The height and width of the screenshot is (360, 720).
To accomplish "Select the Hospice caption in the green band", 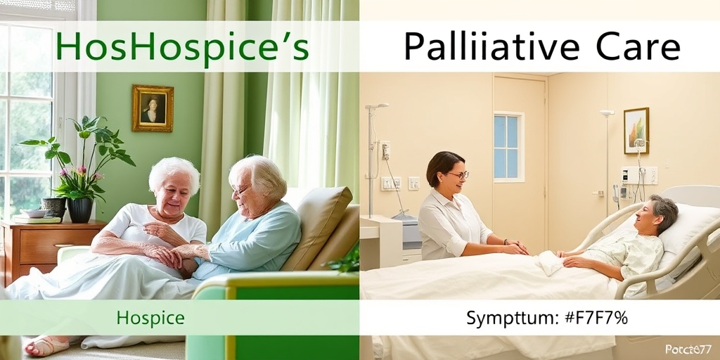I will (150, 318).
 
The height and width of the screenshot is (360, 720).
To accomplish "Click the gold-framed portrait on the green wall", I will (152, 108).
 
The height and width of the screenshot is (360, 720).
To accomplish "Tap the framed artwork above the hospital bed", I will (636, 130).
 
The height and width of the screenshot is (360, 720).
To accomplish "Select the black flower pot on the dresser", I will (79, 210).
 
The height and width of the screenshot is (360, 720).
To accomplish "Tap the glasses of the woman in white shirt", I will (458, 175).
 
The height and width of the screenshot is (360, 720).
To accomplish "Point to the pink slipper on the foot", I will (46, 345).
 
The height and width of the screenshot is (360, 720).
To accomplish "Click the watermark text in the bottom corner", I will (688, 349).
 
